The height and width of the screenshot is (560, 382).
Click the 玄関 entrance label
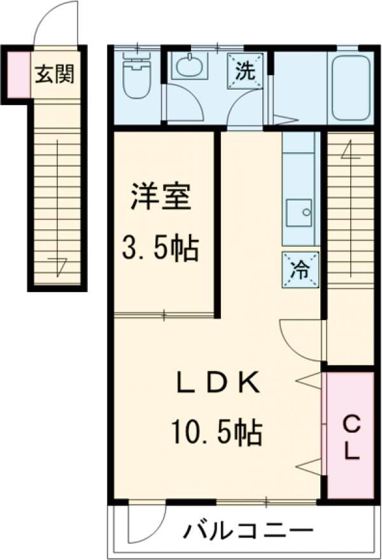[55, 74]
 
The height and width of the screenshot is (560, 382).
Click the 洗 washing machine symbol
[246, 71]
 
